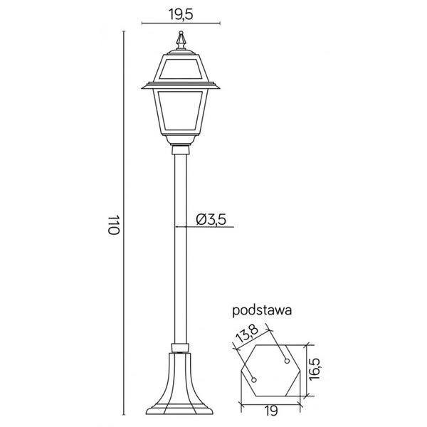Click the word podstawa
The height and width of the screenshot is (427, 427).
[x=263, y=310]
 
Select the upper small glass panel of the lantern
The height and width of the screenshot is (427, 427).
[x=181, y=70]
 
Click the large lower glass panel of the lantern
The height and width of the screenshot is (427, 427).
[x=181, y=114]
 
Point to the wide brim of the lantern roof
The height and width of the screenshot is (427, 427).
[x=181, y=86]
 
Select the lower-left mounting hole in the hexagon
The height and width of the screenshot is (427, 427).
[x=254, y=379]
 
